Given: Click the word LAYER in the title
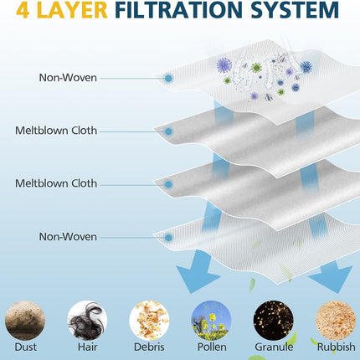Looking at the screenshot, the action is point(72,10).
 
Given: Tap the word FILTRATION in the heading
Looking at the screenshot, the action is point(178,10).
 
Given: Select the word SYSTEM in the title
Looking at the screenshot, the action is point(295,10).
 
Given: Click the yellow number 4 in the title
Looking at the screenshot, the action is point(23,10).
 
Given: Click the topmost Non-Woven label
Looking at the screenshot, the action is point(68,78).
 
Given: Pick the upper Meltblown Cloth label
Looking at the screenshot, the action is point(56,131).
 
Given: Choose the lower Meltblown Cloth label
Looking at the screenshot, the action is point(56,183).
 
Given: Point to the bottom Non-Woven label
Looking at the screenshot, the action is point(68,237).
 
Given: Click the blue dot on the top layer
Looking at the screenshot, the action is point(168,79).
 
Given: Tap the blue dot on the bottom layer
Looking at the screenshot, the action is point(168,238).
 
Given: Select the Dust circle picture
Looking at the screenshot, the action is point(25,321).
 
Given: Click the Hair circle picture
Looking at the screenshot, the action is point(87,321).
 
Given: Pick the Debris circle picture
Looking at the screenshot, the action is point(149,321).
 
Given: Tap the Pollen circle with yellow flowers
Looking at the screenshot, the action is point(211,321).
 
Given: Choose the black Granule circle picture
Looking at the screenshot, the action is point(274,321).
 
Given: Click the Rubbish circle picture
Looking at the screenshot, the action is point(336,321).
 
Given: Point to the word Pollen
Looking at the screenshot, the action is point(212,347).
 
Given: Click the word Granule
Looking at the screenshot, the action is point(274,347).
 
